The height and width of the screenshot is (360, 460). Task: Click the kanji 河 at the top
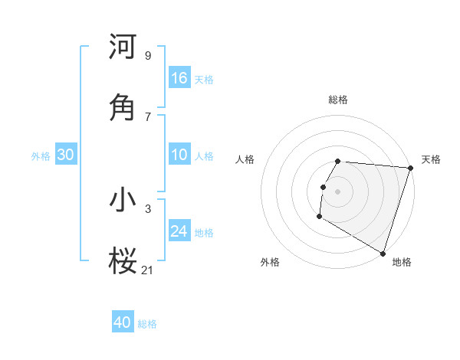coord(123,47)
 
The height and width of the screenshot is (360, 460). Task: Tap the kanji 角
coord(123,107)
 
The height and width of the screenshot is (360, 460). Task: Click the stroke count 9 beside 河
coord(147,55)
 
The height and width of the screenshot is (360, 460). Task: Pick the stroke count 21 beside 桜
coord(147,269)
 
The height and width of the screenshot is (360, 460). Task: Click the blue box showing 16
coord(179,78)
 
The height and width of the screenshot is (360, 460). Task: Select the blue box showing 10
coord(179,155)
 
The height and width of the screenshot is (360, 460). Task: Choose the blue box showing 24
coord(179,231)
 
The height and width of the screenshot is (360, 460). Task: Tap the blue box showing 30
coord(65,155)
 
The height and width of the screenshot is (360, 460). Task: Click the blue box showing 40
coord(123,322)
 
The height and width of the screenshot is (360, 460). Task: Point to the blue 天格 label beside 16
coord(204,80)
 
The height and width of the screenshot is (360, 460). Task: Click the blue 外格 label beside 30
coord(41,156)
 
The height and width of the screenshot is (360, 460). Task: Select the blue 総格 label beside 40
coord(147,324)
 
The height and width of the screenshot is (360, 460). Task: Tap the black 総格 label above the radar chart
coord(338,100)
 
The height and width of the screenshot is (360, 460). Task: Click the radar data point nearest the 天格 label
coord(410,168)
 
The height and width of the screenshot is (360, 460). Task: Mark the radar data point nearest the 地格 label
coord(383,253)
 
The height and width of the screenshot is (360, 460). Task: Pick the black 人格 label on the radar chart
coord(245,159)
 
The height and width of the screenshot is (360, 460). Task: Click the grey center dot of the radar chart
coord(337,191)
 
